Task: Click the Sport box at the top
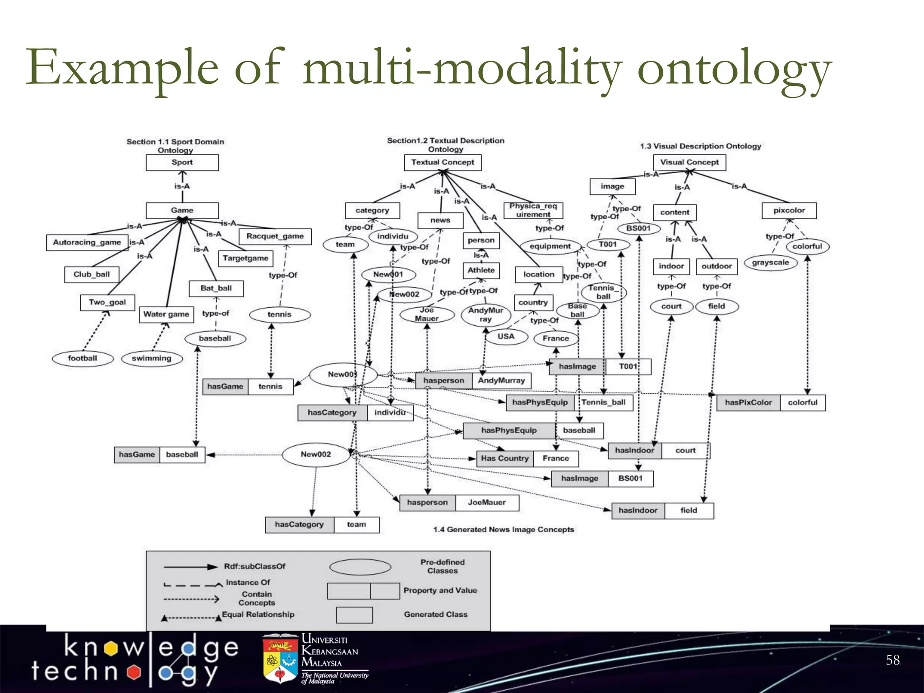point(182,162)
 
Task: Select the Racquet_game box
point(275,236)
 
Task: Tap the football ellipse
point(82,358)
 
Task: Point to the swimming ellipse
point(152,359)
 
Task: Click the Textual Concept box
point(443,162)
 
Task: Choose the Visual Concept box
point(689,162)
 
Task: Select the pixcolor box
point(789,211)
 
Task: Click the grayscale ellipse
point(770,263)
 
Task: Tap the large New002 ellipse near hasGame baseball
point(316,454)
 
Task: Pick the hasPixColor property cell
point(748,402)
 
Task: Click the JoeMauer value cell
point(487,503)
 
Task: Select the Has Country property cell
point(504,458)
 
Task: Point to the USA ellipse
point(506,337)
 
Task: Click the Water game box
point(166,314)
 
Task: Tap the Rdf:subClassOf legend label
point(254,567)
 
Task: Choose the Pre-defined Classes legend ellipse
point(360,567)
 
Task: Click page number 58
point(892,660)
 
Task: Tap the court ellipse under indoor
point(671,306)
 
